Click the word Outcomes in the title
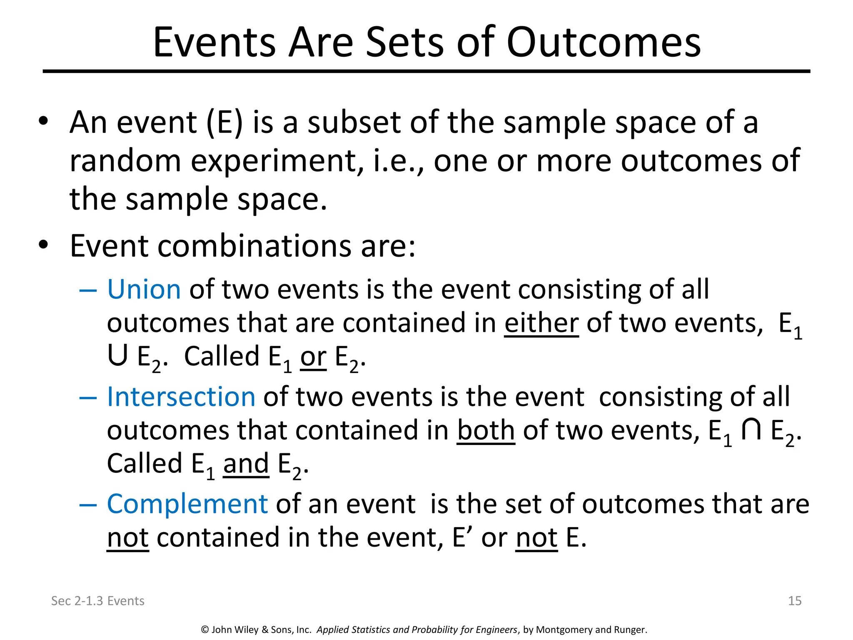[604, 42]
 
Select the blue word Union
[144, 289]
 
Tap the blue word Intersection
[181, 397]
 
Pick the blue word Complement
[187, 504]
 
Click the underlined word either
[541, 323]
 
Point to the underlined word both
[486, 430]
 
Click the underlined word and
[246, 464]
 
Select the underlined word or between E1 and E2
[313, 357]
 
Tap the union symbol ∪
[117, 357]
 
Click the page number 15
[795, 601]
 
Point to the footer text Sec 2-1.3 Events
[97, 601]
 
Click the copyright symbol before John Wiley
[205, 630]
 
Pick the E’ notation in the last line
[461, 537]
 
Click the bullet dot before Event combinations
[43, 245]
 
